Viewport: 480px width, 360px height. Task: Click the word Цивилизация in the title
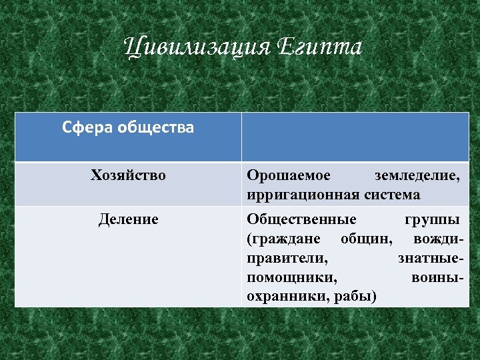tap(195, 48)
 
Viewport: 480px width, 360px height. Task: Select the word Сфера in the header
tap(87, 127)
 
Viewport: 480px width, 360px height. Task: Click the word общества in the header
tap(155, 127)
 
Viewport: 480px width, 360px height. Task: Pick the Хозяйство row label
tap(128, 176)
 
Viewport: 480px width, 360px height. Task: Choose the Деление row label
tap(128, 219)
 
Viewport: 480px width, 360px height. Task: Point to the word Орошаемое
tap(288, 176)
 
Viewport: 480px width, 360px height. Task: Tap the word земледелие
tap(417, 176)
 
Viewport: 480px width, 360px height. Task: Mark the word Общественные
tap(301, 219)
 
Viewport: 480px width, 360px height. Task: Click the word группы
tap(431, 219)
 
